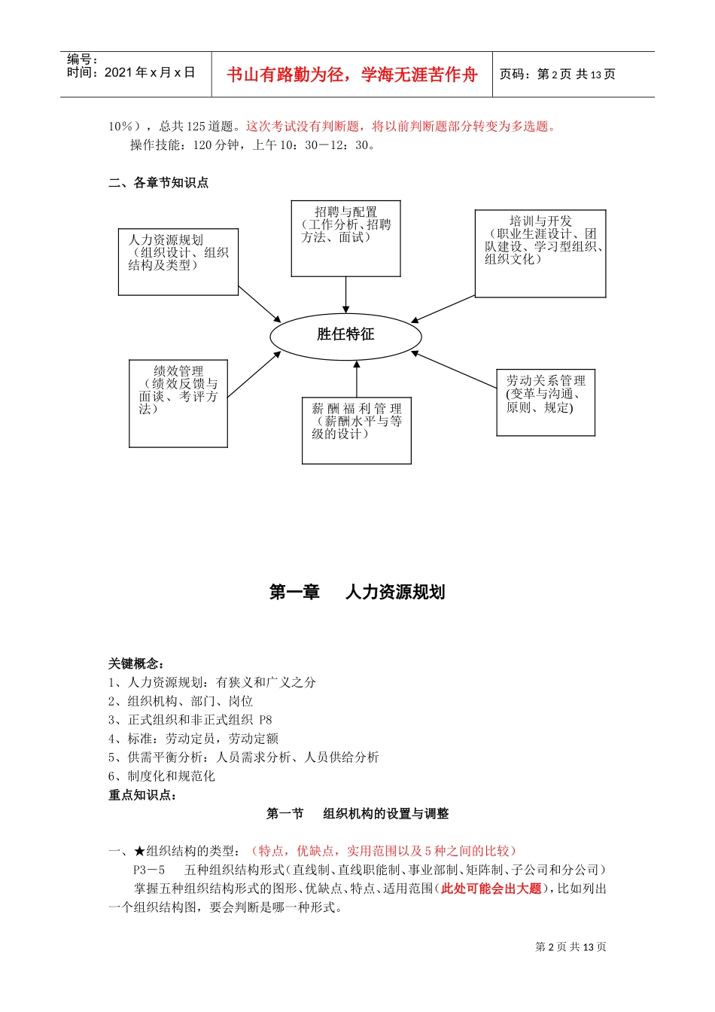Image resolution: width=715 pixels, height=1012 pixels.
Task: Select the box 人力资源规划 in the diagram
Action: pos(178,262)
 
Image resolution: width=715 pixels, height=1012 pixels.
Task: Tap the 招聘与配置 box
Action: pos(345,238)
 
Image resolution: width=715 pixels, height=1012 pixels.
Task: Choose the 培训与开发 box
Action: pos(540,254)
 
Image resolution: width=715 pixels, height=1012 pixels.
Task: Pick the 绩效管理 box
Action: pos(178,404)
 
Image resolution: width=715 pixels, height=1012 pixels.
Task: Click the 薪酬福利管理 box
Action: pos(356,431)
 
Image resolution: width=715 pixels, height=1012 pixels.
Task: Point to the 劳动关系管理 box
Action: pos(546,402)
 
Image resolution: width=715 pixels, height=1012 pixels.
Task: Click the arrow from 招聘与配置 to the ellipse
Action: pos(345,295)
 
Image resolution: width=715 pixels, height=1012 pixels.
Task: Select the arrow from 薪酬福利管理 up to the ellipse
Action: pos(357,379)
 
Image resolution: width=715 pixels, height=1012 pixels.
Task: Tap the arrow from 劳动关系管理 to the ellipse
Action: pos(454,370)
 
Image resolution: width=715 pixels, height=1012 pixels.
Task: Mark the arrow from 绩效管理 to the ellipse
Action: pos(254,374)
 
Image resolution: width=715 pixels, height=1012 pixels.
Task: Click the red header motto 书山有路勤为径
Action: pos(352,75)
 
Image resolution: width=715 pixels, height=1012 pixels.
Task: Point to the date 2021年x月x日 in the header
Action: pos(150,73)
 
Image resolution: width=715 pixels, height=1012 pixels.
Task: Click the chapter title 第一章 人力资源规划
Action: pos(357,593)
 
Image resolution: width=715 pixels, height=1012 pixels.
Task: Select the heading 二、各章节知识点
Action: pos(159,183)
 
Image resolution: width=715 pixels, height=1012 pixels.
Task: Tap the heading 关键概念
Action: pos(136,663)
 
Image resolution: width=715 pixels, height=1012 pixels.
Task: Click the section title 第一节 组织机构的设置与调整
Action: pos(357,814)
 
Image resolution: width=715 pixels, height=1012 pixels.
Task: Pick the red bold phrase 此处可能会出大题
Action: pos(491,889)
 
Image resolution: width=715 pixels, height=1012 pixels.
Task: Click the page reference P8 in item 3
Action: pos(265,720)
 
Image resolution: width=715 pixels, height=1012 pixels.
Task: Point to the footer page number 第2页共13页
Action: pos(570,947)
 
